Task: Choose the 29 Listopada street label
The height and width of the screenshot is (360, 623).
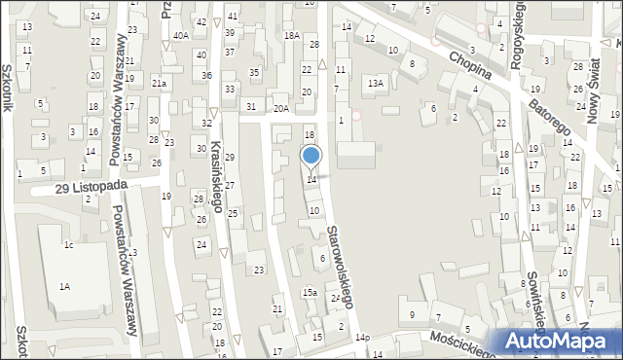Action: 92,186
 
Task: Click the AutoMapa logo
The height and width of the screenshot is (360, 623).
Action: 561,342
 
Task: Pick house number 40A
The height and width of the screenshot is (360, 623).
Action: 181,35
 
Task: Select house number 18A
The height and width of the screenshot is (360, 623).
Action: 291,35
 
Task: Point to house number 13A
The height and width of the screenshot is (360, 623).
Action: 375,84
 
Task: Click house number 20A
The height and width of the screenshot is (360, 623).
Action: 280,109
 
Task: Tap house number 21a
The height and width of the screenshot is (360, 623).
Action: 160,84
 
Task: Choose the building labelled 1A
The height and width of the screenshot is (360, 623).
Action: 64,286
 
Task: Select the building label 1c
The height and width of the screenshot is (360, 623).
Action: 68,244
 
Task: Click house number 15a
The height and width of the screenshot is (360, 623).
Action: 309,292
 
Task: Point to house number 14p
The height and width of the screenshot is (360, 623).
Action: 362,337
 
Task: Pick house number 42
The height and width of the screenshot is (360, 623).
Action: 201,21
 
